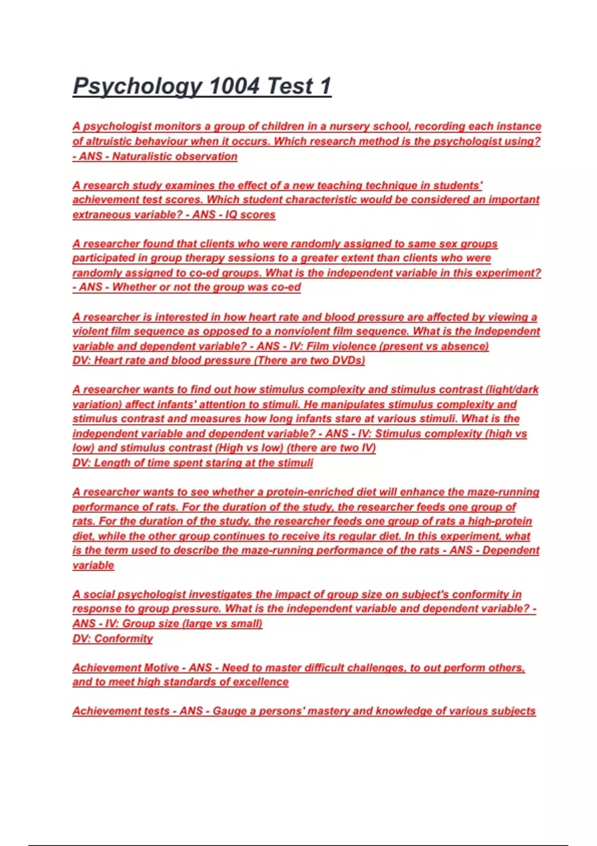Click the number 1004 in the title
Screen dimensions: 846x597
[234, 86]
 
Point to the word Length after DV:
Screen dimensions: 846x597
[112, 463]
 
